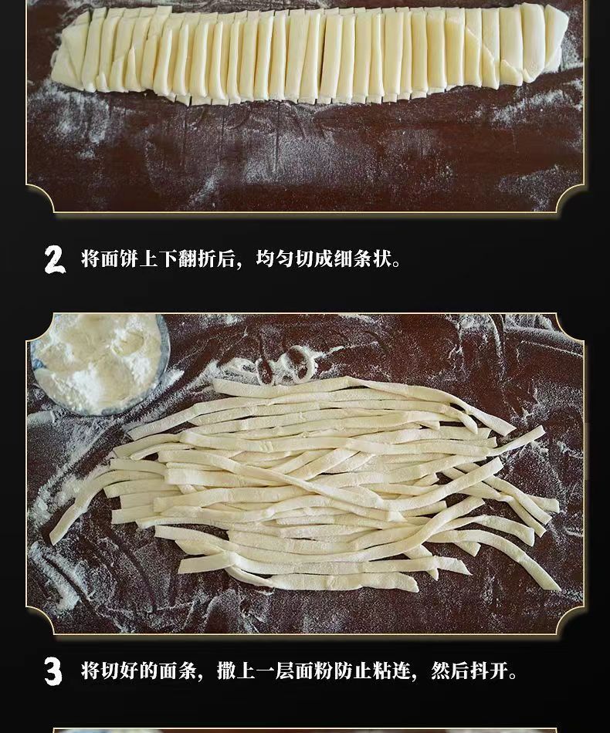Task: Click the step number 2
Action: pyautogui.click(x=55, y=259)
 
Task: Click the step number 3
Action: pyautogui.click(x=53, y=672)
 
